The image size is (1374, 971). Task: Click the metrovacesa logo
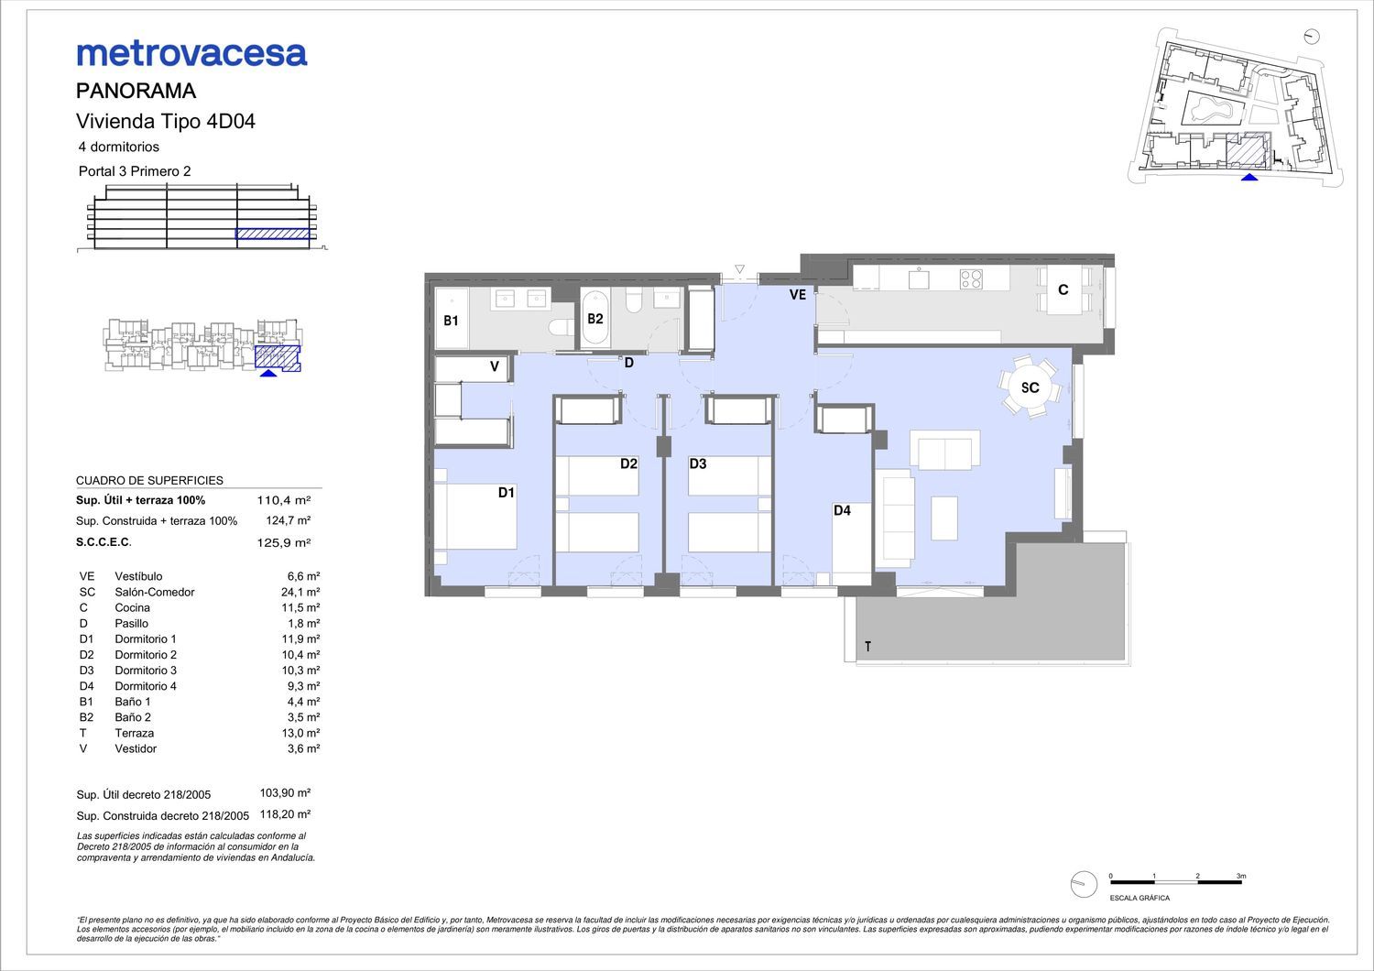coord(191,54)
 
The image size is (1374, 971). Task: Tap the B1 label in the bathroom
coord(451,321)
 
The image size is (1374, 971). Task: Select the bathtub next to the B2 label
coord(595,319)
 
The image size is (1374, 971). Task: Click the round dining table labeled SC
coord(1030,387)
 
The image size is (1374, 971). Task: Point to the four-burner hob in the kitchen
coord(971,279)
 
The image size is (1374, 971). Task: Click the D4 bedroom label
coord(842,510)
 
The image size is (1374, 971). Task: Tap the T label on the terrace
coord(868,646)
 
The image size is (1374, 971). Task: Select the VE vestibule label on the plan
coord(798,294)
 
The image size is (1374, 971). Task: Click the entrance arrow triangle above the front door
coord(740,269)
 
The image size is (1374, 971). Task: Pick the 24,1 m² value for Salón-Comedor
coord(300,592)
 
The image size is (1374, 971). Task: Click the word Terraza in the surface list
coord(135,733)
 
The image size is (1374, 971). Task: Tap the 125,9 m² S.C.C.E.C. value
coord(283,543)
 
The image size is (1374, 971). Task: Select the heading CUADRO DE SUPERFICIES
coord(149,480)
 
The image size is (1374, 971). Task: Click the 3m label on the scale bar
coord(1241,876)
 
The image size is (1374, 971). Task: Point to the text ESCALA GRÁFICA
coord(1140,898)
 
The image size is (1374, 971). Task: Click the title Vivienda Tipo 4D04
coord(166,121)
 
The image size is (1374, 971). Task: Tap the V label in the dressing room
coord(495,366)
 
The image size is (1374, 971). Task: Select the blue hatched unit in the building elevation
coord(272,234)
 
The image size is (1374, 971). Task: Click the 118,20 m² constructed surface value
coord(285,814)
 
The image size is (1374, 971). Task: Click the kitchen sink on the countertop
coord(918,279)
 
